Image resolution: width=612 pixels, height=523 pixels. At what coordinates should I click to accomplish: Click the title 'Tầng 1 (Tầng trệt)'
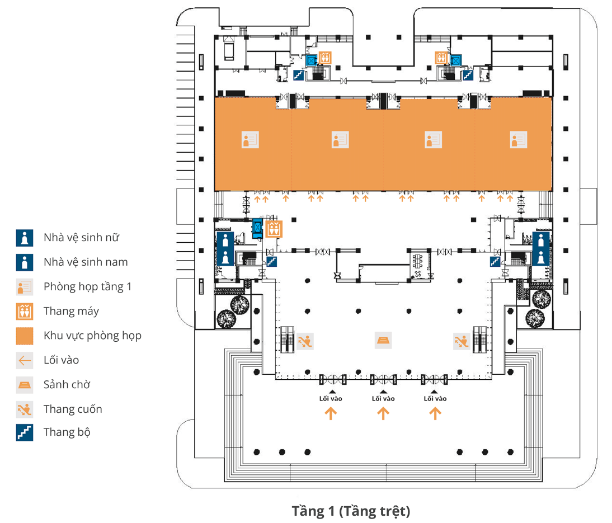click(x=351, y=511)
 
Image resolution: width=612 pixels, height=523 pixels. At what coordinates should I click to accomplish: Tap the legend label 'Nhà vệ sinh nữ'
click(x=81, y=238)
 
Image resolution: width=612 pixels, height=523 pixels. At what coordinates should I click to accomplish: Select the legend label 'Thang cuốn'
click(x=73, y=409)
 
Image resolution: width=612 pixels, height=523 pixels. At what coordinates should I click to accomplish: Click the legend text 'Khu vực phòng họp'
click(x=92, y=336)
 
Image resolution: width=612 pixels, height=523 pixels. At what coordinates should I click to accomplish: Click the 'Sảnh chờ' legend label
click(x=67, y=385)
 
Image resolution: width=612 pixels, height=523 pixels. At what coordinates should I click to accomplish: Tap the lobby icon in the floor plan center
click(x=383, y=340)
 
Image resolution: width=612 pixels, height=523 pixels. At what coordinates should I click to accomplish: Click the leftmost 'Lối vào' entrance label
click(x=331, y=399)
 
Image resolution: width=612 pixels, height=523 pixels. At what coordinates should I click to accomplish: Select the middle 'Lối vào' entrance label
click(x=383, y=399)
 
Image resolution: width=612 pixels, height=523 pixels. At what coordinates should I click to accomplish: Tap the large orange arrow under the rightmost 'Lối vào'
click(x=435, y=413)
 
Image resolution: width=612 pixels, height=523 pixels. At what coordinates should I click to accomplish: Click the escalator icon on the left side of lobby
click(x=305, y=340)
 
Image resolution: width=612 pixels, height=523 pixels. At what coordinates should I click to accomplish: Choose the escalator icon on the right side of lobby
click(x=461, y=340)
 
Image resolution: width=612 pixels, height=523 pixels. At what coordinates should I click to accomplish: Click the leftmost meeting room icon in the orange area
click(x=249, y=140)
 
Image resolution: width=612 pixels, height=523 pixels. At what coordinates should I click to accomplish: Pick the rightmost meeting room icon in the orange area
click(x=518, y=140)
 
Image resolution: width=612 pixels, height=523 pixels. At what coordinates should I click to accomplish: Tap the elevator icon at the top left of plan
click(x=325, y=58)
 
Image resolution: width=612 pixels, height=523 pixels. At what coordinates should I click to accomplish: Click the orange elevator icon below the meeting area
click(x=274, y=229)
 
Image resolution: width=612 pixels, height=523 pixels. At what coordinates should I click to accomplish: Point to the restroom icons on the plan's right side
click(x=540, y=249)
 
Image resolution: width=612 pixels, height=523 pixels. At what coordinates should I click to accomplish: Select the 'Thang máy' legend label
click(x=71, y=312)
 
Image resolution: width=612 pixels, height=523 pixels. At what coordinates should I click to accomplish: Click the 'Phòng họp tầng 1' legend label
click(x=87, y=287)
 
